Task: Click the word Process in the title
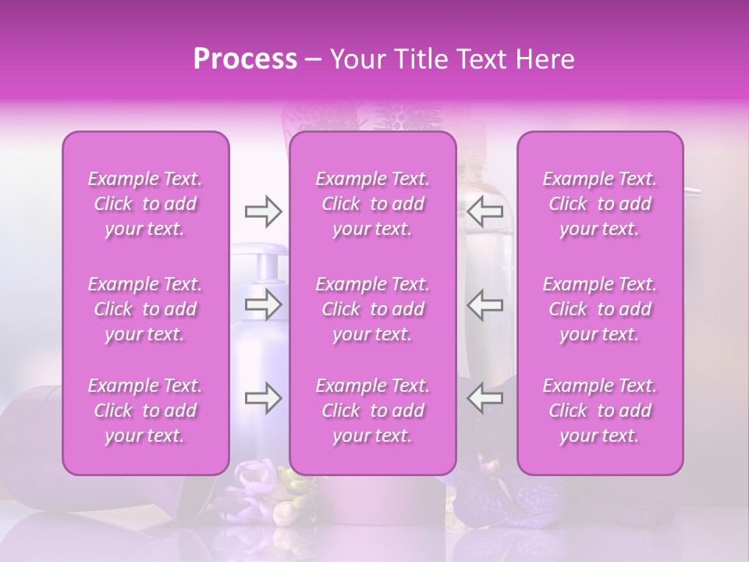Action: pos(245,59)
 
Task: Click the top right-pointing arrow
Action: pos(263,212)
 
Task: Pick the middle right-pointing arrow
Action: pos(263,305)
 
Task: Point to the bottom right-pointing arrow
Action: pos(263,399)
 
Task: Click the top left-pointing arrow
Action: pos(485,212)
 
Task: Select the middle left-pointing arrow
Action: pos(485,305)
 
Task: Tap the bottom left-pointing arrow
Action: pos(485,399)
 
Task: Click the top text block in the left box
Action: pos(145,204)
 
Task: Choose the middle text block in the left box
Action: pos(145,309)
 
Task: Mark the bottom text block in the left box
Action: pos(145,411)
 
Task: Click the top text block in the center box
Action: pos(373,204)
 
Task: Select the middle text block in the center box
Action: pos(373,309)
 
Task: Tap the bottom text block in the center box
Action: pos(373,411)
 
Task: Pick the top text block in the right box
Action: pos(600,204)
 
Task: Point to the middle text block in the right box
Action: pos(600,309)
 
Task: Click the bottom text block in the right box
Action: pos(600,411)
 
